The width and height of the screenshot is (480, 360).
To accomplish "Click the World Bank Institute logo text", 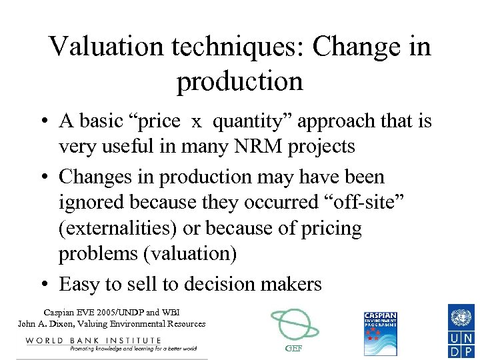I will [x=93, y=341].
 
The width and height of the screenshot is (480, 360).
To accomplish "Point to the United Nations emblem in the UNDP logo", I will [x=460, y=315].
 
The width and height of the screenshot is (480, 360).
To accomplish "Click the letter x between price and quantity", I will [x=197, y=122].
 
